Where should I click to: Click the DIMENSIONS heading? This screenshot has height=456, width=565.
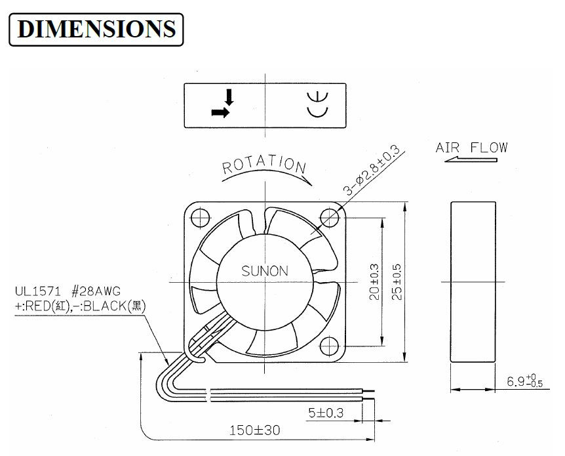pos(96,29)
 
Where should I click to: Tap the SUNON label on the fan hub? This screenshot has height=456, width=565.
pos(265,271)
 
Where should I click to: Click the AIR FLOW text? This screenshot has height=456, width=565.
pos(471,148)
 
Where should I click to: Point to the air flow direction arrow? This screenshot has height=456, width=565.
pos(471,159)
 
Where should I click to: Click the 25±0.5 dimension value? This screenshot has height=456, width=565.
pos(397,282)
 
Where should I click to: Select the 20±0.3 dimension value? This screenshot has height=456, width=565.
pos(374,282)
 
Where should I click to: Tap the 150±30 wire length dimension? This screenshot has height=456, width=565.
pos(255,430)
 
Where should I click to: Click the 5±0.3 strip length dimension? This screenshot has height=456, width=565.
pos(326,412)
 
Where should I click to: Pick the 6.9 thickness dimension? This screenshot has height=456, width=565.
pos(524,381)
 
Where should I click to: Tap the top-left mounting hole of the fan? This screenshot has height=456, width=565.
pos(201,218)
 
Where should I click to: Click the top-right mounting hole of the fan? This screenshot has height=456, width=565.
pos(330,218)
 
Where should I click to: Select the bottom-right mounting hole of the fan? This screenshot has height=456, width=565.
pos(329,346)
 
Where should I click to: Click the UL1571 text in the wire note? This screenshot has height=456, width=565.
pos(38,291)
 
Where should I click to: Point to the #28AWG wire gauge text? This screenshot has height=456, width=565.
pos(96,291)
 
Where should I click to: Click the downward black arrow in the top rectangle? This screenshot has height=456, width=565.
pos(229,97)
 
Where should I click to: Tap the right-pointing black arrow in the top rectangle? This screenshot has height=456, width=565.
pos(220,113)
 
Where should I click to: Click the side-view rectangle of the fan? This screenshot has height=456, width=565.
pos(473,281)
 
